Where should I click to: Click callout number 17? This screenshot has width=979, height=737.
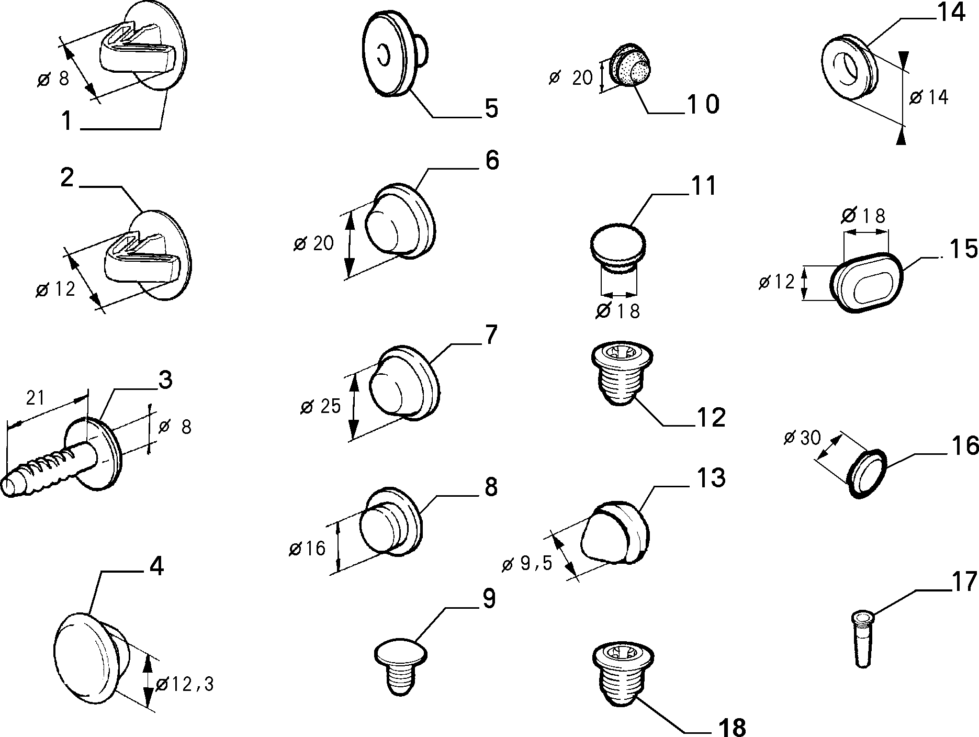point(964,583)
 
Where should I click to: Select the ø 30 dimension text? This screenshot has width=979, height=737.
point(802,437)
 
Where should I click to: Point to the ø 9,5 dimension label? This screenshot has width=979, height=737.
point(527,564)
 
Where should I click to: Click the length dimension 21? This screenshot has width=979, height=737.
point(36,398)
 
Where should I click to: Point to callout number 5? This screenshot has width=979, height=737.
point(491,109)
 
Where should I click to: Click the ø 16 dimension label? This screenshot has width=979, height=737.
point(307,548)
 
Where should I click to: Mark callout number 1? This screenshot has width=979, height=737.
point(67,121)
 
